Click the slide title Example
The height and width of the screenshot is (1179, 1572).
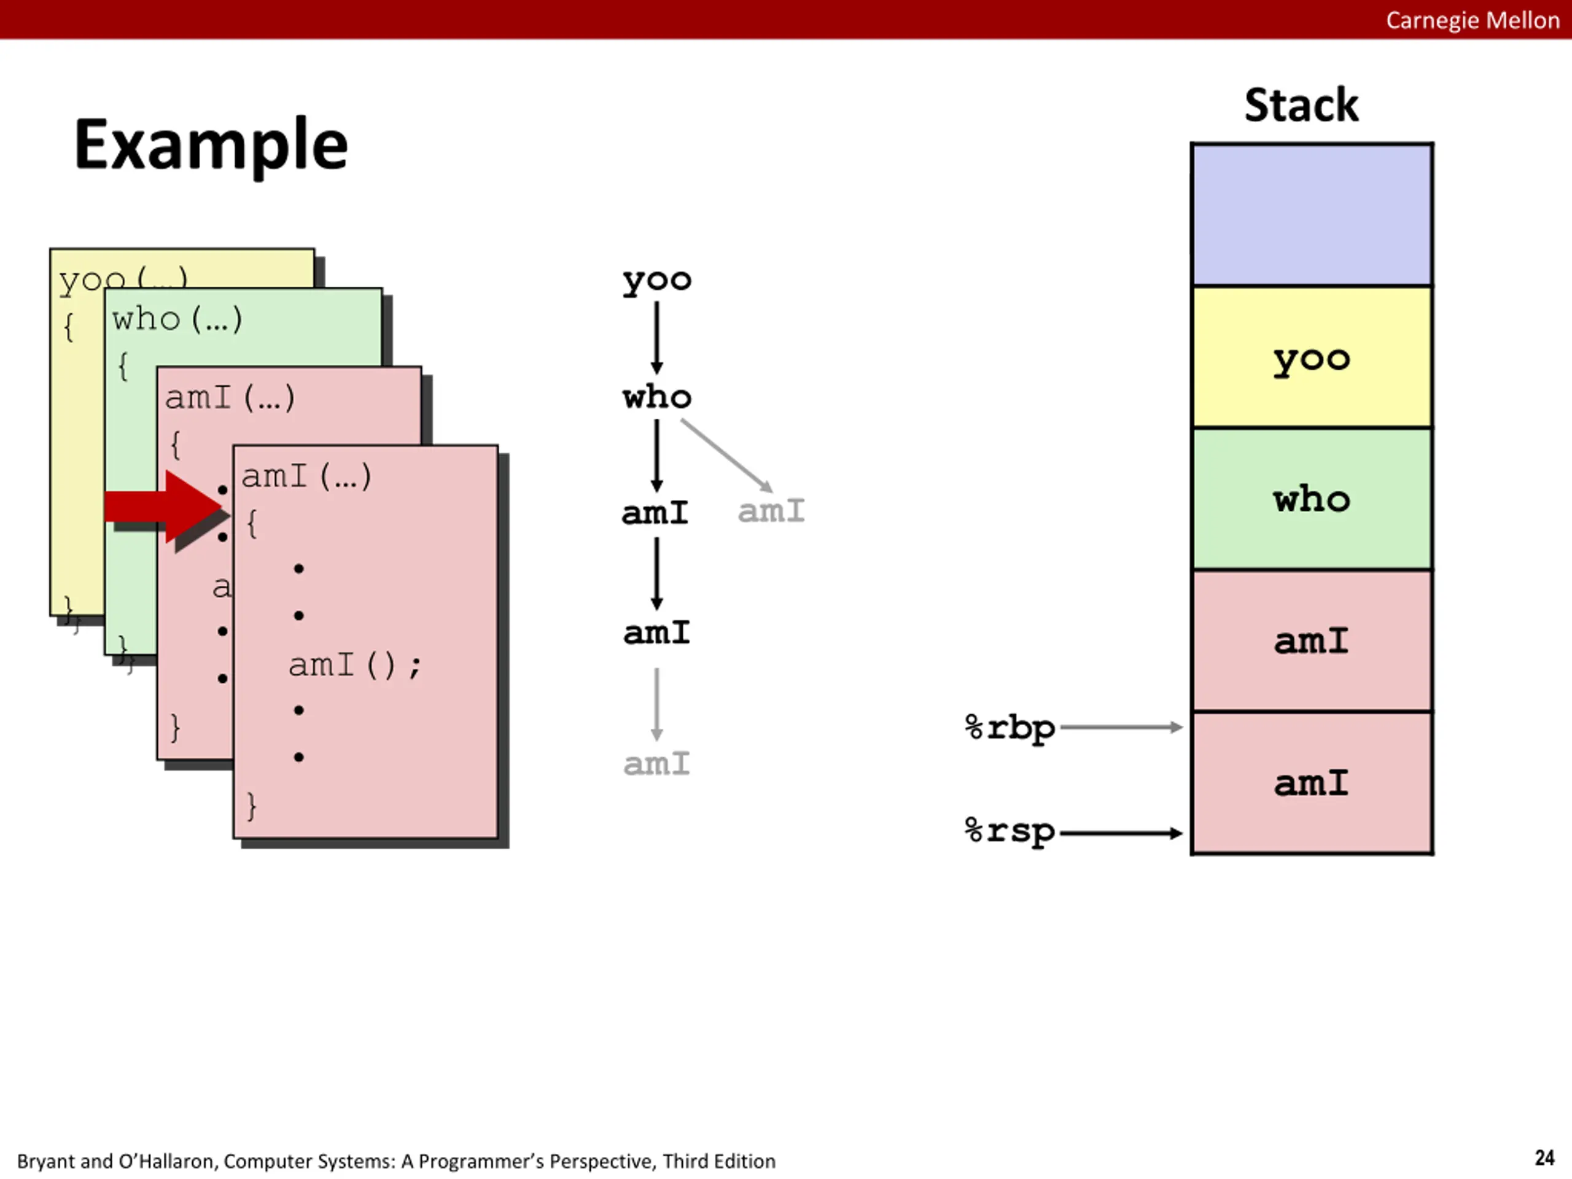(211, 145)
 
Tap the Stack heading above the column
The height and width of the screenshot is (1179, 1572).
(1301, 105)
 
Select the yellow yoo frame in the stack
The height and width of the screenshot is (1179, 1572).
(1312, 357)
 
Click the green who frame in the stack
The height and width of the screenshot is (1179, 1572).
(1312, 499)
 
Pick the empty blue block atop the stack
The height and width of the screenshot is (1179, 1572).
(1312, 215)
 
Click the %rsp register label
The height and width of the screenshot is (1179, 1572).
(1010, 831)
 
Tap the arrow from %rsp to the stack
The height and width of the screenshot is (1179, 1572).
(1121, 833)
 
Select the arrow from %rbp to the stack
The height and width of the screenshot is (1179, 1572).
(1121, 727)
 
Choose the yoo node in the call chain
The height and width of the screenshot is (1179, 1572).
(656, 281)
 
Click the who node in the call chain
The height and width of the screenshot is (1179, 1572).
(656, 397)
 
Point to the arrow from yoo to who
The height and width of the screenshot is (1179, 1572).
(656, 338)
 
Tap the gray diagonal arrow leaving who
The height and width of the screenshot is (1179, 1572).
(726, 456)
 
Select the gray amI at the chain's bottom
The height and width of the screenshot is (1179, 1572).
(656, 764)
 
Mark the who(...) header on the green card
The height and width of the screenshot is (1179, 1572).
(177, 319)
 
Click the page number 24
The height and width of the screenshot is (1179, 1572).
(1544, 1158)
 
